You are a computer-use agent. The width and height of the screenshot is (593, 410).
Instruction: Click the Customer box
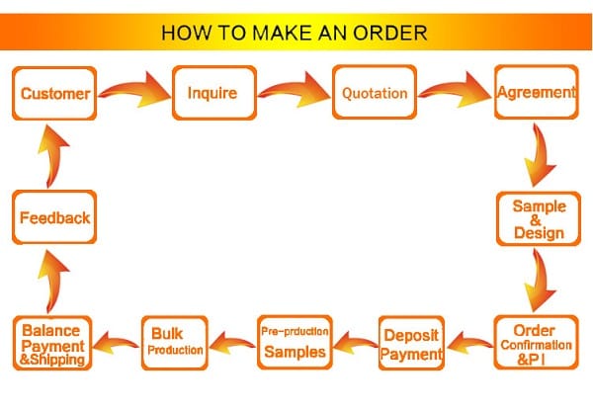54,94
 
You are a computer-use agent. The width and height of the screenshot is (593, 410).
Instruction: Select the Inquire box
213,94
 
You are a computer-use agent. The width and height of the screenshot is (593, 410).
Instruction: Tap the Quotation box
374,94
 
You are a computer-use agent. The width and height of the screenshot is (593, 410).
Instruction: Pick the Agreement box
536,93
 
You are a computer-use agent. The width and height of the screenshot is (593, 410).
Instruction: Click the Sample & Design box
538,218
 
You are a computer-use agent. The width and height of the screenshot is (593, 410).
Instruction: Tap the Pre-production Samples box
294,341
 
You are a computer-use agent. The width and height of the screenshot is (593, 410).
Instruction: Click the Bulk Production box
177,341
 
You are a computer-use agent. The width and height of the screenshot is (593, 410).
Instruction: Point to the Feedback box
55,217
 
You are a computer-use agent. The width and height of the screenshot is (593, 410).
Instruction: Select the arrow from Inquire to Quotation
294,90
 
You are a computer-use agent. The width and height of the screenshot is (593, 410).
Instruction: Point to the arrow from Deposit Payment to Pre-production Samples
353,343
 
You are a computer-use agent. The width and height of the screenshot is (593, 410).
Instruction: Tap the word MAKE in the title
270,32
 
